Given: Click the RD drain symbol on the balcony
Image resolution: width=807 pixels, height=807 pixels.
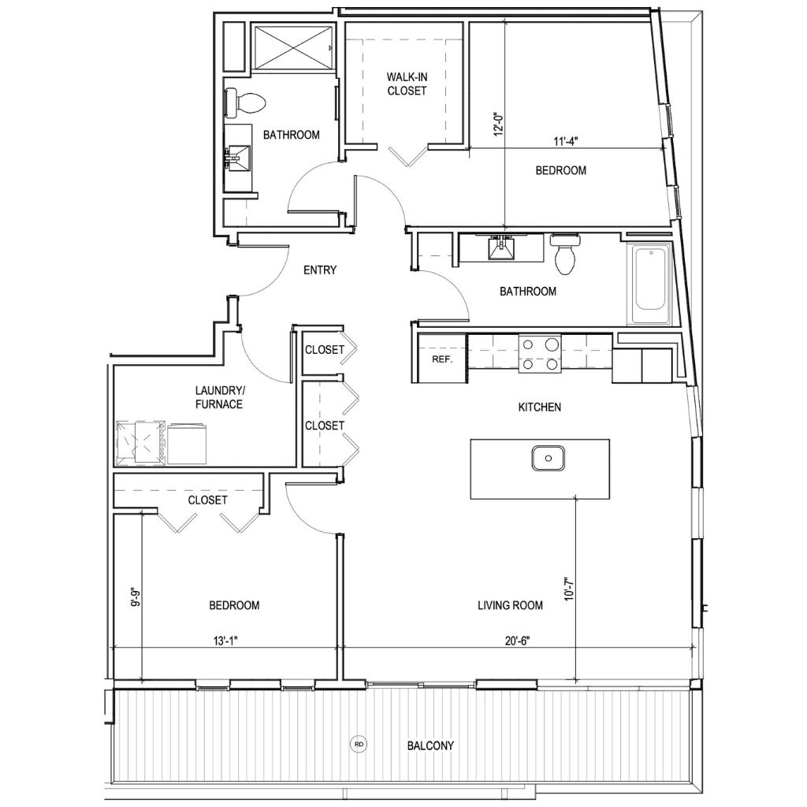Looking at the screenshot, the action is click(359, 744).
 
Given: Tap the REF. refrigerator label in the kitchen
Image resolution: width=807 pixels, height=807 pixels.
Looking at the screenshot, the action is click(442, 359).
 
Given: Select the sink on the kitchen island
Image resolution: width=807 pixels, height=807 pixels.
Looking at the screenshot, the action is click(549, 458).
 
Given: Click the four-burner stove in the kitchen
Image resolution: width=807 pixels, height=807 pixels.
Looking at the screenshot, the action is click(539, 354).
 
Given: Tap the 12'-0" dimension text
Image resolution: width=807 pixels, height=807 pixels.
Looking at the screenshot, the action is click(498, 124).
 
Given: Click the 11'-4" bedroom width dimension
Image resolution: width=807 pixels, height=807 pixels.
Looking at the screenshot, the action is click(566, 142).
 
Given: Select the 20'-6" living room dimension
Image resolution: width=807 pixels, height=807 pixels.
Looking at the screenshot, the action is click(517, 641).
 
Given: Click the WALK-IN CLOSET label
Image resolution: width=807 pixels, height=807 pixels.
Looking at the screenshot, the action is click(407, 84).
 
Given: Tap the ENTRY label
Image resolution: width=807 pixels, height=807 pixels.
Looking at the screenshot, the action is click(320, 270).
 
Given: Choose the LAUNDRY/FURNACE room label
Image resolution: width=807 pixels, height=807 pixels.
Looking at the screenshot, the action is click(219, 397).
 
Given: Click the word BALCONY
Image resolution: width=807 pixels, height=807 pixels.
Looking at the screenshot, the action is click(430, 746).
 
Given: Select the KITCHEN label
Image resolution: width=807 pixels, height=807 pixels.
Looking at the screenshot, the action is click(539, 407).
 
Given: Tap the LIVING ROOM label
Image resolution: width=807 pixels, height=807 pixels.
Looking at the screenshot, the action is click(510, 605).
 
